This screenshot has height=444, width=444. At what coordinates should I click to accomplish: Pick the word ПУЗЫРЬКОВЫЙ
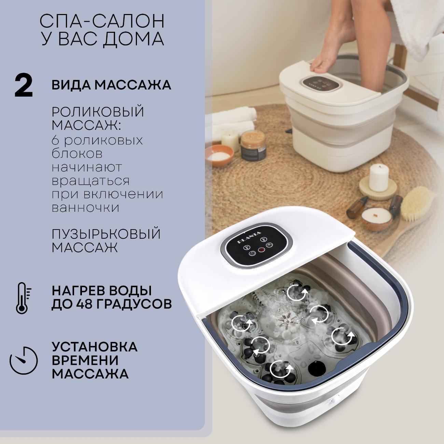pyautogui.click(x=106, y=234)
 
